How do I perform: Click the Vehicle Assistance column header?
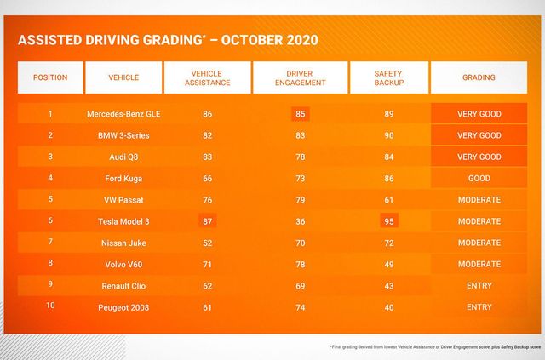tap(207, 77)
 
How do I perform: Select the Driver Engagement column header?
tap(300, 77)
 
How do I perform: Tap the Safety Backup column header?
tap(388, 77)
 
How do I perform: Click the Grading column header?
tap(479, 77)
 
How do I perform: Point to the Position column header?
tap(50, 77)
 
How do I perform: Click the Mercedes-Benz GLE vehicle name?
tap(121, 114)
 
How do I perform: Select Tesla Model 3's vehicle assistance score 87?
tap(207, 221)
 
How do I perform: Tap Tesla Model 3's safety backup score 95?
tap(388, 221)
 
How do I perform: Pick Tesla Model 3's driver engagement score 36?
tap(300, 221)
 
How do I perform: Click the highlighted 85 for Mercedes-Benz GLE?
tap(300, 114)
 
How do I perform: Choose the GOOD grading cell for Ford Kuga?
tap(479, 179)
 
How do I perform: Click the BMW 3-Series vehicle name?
tap(121, 135)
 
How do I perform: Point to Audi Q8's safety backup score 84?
tap(388, 157)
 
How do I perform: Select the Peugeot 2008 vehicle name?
tap(121, 307)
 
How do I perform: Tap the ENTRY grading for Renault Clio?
tap(479, 286)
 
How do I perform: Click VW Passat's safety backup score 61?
tap(388, 200)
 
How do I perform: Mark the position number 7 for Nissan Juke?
tap(50, 243)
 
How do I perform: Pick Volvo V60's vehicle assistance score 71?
tap(207, 265)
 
